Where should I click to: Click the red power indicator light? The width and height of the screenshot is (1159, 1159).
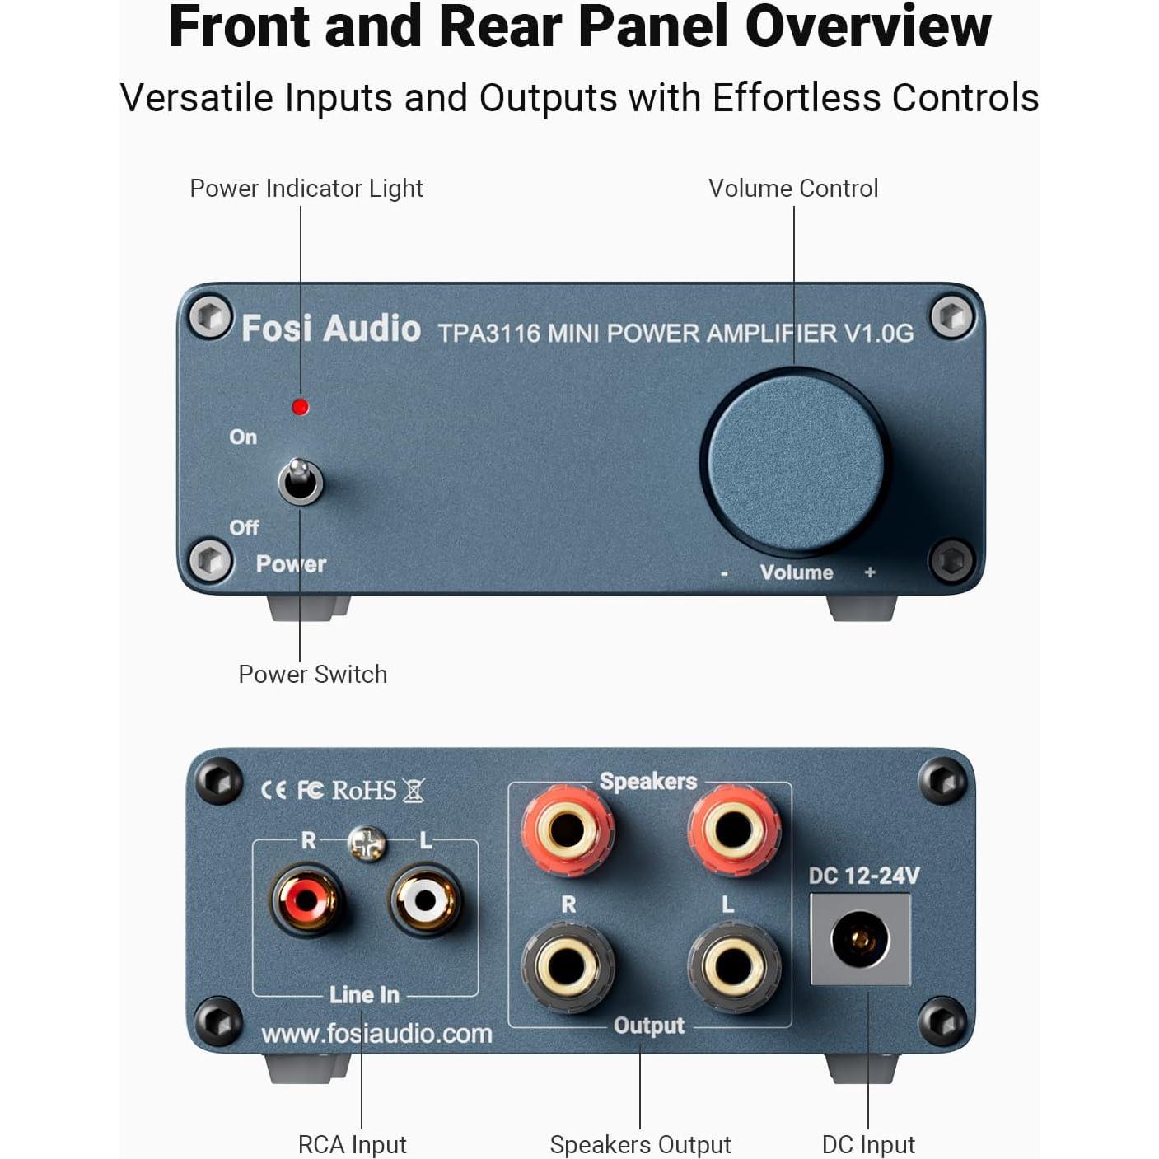point(301,407)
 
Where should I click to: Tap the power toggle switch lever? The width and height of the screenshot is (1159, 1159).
point(300,479)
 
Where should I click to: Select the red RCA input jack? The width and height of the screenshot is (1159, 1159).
point(306,900)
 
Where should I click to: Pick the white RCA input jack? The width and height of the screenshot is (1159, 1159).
point(425,900)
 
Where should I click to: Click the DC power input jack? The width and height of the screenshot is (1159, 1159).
point(860,939)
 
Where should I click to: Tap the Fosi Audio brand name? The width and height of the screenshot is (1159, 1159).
point(330,329)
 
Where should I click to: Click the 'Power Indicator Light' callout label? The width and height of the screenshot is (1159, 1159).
point(306,189)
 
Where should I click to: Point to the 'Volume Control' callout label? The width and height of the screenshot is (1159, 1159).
point(793,189)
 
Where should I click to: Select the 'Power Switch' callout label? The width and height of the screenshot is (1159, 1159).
point(312,675)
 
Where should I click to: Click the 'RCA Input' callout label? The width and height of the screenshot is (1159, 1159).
point(352,1144)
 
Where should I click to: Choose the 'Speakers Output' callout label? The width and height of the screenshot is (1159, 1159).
point(640,1144)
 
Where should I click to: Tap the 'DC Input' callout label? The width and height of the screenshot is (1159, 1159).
point(868,1144)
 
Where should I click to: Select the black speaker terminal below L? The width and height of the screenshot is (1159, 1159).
point(733,966)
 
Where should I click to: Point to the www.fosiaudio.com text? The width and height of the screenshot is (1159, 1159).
point(376,1034)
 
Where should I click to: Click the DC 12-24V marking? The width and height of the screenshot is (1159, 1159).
point(863,876)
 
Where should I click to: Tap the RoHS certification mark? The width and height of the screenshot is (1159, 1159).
point(364,791)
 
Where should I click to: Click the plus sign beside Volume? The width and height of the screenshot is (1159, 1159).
point(870,572)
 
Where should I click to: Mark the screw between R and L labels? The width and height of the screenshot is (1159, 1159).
point(367,843)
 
